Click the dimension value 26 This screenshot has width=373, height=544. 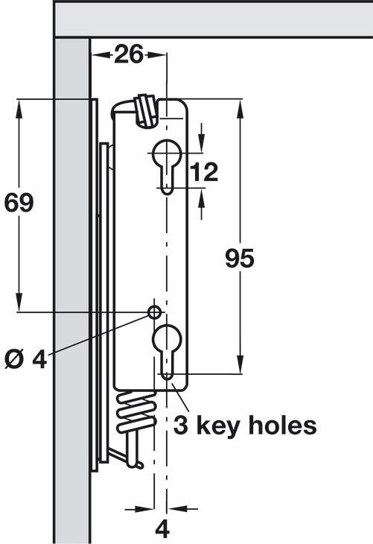[x=128, y=54]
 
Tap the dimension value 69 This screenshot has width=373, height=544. [x=19, y=203]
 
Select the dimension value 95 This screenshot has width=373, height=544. [x=240, y=258]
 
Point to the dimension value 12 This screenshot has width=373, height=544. [x=204, y=171]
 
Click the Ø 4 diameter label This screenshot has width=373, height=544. [x=25, y=359]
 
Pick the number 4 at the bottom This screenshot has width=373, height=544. [x=162, y=530]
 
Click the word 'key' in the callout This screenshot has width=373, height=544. [x=219, y=426]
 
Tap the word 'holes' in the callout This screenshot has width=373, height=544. [x=282, y=425]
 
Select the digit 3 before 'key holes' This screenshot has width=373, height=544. [x=181, y=426]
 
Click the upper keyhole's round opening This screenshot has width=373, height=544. [x=167, y=152]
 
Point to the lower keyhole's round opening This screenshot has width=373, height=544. [x=167, y=338]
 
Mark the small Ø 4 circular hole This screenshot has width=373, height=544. [x=154, y=312]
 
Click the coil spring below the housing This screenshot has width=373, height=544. [x=136, y=413]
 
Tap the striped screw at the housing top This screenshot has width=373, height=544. [x=146, y=110]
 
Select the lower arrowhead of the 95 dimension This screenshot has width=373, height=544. [x=240, y=364]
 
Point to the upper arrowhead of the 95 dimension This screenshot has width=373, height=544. [x=240, y=109]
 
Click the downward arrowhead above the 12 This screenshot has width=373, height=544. [x=201, y=142]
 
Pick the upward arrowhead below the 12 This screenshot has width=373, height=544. [x=201, y=198]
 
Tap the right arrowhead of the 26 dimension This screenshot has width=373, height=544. [x=156, y=54]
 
